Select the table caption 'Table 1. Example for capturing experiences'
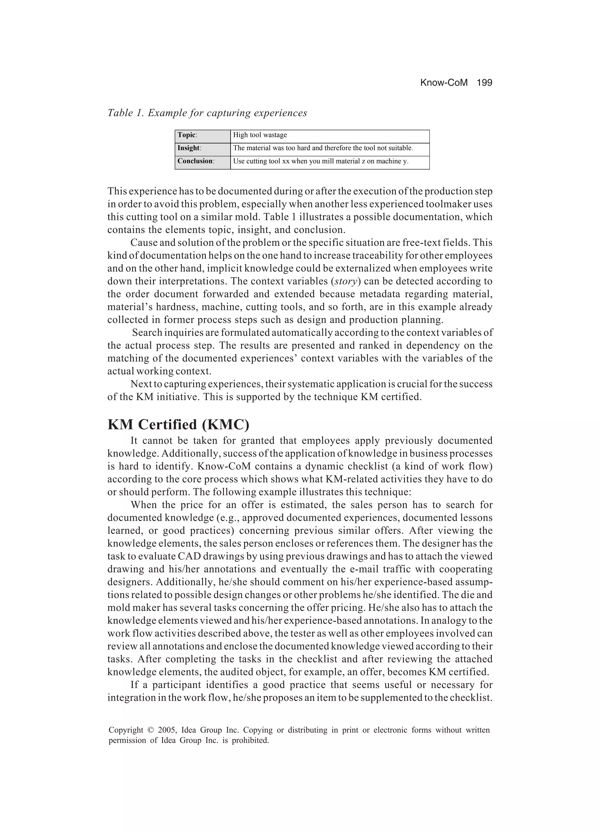pyautogui.click(x=207, y=113)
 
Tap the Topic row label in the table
pyautogui.click(x=187, y=135)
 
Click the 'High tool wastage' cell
pyautogui.click(x=260, y=135)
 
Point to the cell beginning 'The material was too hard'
pyautogui.click(x=323, y=148)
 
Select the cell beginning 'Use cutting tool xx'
pyautogui.click(x=320, y=161)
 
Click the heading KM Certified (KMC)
pyautogui.click(x=178, y=424)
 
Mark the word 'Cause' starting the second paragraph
pyautogui.click(x=143, y=243)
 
